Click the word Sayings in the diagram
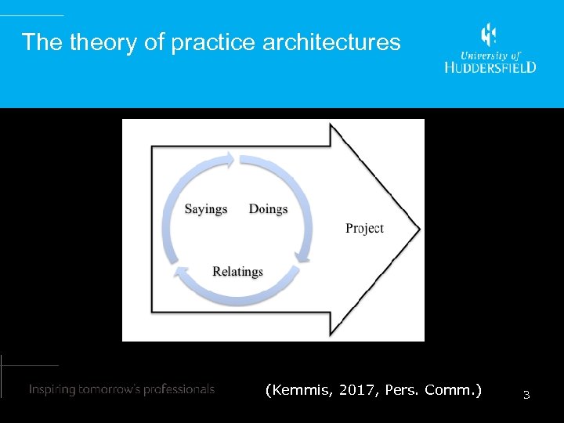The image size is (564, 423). point(206,209)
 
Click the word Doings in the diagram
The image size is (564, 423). point(268,209)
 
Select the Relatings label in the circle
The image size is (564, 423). point(237,272)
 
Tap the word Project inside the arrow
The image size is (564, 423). point(364,228)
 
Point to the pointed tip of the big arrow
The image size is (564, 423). point(418,230)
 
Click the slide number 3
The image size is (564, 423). point(526,396)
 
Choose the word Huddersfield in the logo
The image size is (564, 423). point(490,67)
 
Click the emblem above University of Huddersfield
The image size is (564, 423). point(489,35)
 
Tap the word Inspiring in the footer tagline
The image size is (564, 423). point(54,389)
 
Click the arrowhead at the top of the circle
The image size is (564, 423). point(228,160)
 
